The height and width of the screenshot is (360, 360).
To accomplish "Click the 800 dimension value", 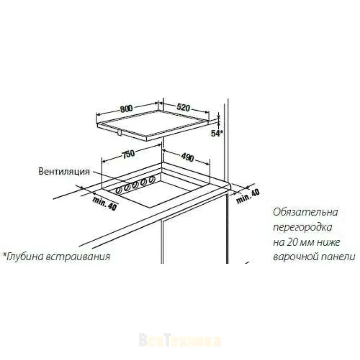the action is click(x=126, y=108).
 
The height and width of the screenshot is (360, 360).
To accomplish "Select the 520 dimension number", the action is click(x=184, y=108).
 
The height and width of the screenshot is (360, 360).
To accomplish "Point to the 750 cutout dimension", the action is click(x=128, y=154).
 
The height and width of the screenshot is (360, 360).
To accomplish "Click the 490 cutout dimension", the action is click(x=188, y=157).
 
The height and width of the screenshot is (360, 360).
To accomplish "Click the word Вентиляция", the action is click(x=64, y=171).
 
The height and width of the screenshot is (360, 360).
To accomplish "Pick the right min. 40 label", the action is click(x=248, y=196).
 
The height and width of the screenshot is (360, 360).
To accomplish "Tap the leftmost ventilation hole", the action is click(x=119, y=190).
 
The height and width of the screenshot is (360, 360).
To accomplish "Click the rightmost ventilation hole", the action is click(x=152, y=180).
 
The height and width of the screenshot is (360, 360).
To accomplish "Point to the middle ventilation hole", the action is click(x=135, y=185).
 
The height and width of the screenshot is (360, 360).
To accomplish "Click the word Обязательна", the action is click(x=306, y=212).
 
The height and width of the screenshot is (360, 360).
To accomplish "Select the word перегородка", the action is click(x=303, y=228).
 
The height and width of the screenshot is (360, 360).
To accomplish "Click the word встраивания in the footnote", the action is click(x=78, y=256).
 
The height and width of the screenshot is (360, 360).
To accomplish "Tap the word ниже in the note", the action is click(x=328, y=243).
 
